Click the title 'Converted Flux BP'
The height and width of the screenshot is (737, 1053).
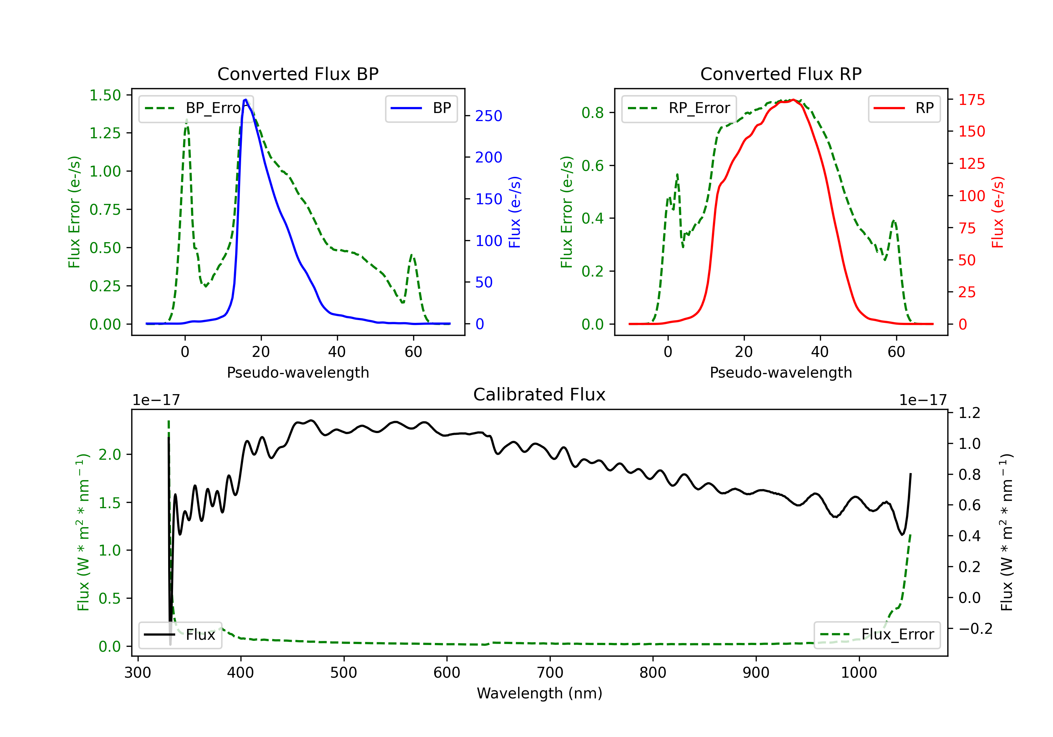[298, 74]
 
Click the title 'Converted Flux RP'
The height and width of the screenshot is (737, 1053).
[781, 74]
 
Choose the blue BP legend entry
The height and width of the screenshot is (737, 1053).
[421, 108]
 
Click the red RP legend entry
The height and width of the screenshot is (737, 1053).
[903, 108]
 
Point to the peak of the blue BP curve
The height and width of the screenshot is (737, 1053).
[246, 100]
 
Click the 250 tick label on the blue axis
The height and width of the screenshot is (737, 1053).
[489, 116]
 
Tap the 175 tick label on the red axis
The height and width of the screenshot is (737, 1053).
[971, 100]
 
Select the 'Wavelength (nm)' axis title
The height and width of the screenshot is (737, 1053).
[539, 693]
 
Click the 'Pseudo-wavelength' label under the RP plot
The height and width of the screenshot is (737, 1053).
[781, 372]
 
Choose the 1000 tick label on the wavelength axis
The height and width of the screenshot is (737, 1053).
[859, 672]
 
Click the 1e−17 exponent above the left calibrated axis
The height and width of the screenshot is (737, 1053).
[156, 400]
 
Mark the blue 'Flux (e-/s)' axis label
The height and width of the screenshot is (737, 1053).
[515, 212]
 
